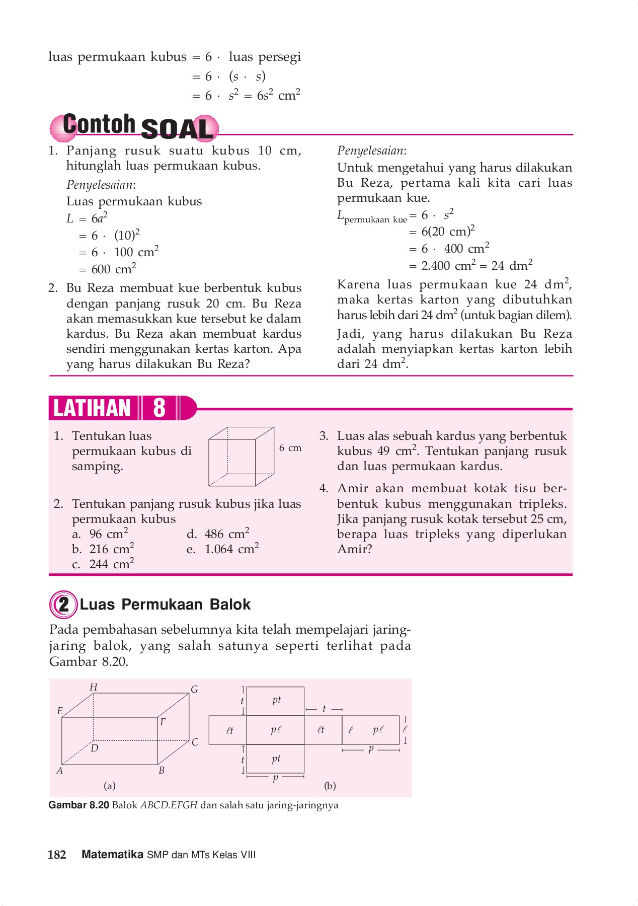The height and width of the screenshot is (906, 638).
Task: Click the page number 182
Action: pyautogui.click(x=57, y=855)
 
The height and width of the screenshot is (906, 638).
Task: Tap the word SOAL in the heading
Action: pyautogui.click(x=177, y=129)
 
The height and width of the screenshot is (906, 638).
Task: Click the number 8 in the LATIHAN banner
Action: pyautogui.click(x=159, y=408)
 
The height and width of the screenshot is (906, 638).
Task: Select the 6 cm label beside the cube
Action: pyautogui.click(x=290, y=447)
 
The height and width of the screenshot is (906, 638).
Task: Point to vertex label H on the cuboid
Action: pyautogui.click(x=94, y=687)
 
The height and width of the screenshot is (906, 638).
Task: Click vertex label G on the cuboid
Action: pyautogui.click(x=194, y=689)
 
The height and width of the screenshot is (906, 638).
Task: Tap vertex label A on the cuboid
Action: pyautogui.click(x=59, y=771)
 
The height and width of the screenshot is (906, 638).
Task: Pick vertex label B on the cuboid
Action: pyautogui.click(x=162, y=770)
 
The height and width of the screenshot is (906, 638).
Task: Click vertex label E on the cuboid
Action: pyautogui.click(x=60, y=711)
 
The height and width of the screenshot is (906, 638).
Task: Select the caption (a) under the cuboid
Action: pyautogui.click(x=109, y=786)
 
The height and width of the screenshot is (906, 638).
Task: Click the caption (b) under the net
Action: pyautogui.click(x=330, y=786)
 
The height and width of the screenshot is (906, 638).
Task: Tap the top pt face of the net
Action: pyautogui.click(x=276, y=700)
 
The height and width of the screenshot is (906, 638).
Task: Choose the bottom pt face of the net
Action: pyautogui.click(x=276, y=759)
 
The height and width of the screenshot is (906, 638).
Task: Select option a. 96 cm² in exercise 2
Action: pyautogui.click(x=100, y=534)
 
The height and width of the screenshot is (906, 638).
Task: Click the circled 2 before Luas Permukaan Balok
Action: pyautogui.click(x=63, y=605)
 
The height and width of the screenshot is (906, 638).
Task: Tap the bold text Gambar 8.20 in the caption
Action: pyautogui.click(x=79, y=805)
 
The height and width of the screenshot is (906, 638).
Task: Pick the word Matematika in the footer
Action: pyautogui.click(x=112, y=855)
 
